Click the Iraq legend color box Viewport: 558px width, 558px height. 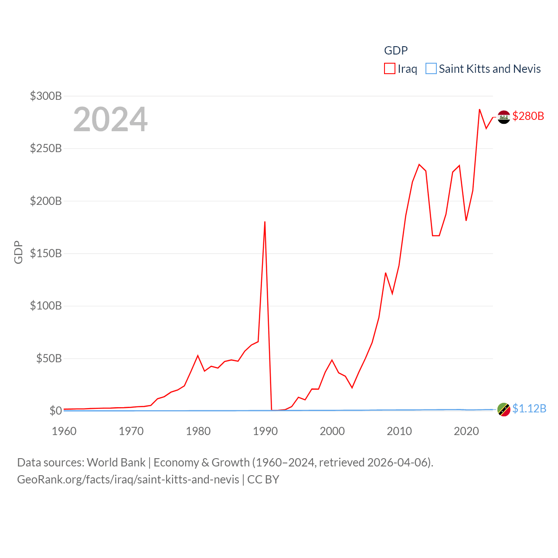pos(389,69)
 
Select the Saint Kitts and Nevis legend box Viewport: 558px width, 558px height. pos(431,69)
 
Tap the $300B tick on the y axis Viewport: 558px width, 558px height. pos(46,96)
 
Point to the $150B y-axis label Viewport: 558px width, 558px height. pos(46,253)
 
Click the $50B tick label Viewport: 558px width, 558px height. pos(49,358)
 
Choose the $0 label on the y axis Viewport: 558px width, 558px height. pos(56,411)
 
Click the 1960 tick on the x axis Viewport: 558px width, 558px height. pos(64,431)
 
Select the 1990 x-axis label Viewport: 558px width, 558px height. pos(265,431)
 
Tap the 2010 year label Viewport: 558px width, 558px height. pos(399,431)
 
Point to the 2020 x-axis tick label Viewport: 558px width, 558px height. pos(466,431)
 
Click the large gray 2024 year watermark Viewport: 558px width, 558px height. pos(110,119)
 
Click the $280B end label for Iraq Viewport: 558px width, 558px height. pos(528,116)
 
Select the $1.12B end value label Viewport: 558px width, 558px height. pos(529,408)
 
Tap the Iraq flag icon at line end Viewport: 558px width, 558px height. pos(504,117)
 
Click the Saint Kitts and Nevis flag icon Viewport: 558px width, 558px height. pos(504,409)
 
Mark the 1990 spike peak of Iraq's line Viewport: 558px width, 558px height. pos(265,222)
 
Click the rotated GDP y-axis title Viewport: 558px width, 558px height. pos(18,252)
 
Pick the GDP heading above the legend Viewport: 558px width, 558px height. pos(396,51)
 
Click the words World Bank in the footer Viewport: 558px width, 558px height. pos(116,462)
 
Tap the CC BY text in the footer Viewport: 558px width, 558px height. pos(263,480)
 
